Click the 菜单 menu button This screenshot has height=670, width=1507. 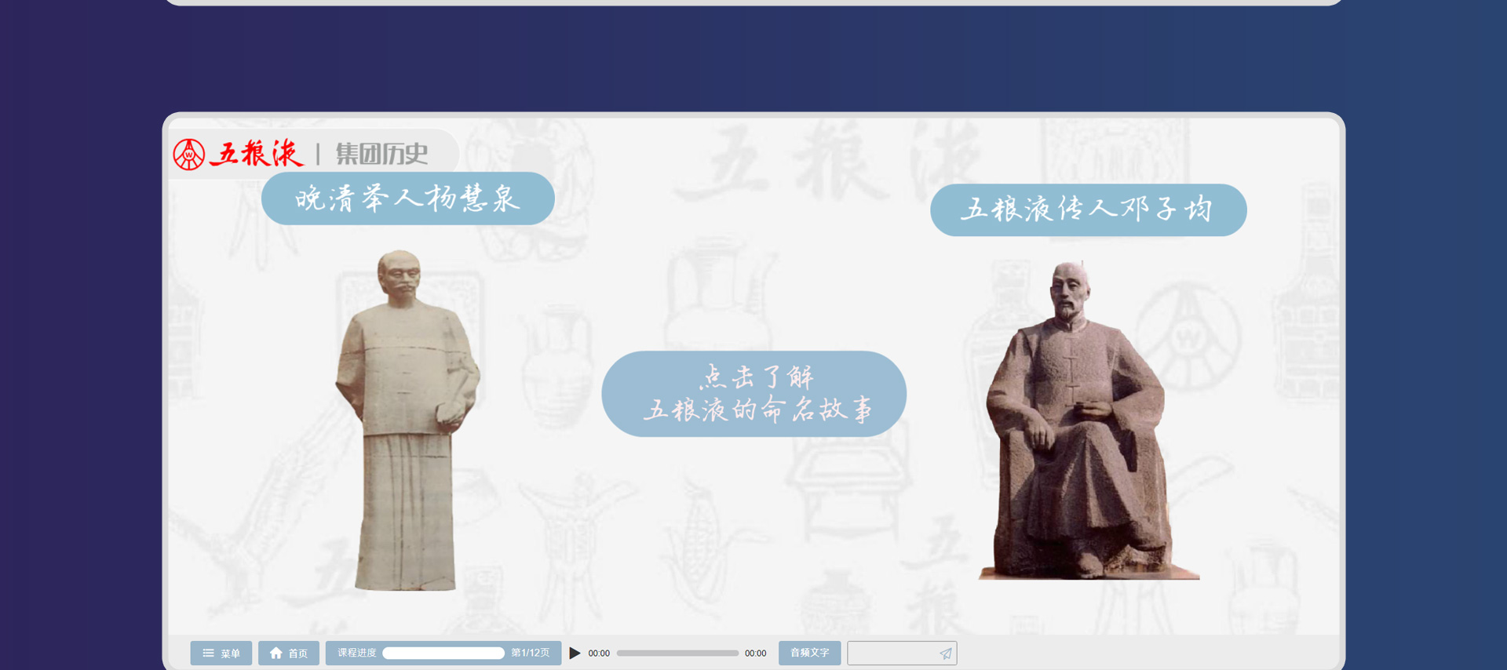point(221,653)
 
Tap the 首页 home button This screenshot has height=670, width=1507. point(288,653)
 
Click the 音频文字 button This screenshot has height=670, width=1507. point(809,653)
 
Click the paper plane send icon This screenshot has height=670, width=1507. point(946,654)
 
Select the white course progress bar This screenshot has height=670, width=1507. point(443,653)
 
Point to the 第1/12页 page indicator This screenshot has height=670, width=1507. point(531,653)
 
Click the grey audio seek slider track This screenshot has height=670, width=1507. point(677,653)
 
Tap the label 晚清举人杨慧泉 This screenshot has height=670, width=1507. point(407,198)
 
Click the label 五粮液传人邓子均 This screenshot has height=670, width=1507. point(1088,209)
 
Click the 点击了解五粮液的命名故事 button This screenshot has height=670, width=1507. point(753,394)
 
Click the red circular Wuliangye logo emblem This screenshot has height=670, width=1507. point(188,155)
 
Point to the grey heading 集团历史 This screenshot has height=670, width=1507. point(382,154)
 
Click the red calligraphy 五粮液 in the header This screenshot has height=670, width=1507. point(257,153)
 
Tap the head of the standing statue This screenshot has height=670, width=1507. point(399,275)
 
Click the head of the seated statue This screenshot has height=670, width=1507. point(1069,289)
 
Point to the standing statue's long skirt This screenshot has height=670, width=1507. point(406,510)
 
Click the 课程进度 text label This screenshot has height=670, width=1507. point(357,653)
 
